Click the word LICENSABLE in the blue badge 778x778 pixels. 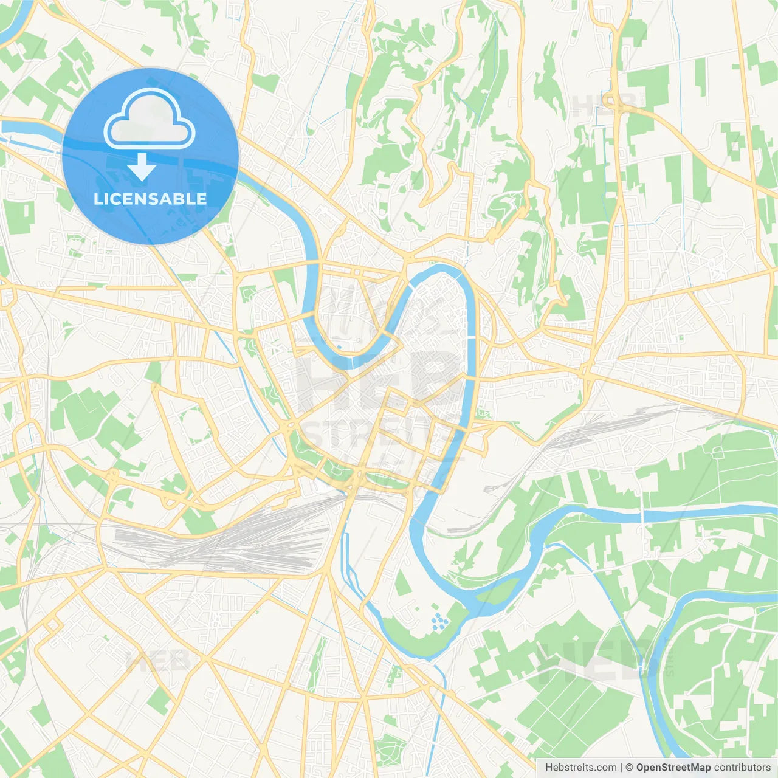click(150, 199)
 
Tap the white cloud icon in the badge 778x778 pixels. click(150, 119)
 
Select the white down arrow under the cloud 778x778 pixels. click(142, 167)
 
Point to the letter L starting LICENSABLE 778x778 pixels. click(98, 199)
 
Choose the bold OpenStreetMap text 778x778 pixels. click(673, 768)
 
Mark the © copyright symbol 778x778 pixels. click(629, 768)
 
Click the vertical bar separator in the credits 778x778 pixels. click(621, 768)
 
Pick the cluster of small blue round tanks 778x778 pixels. click(439, 621)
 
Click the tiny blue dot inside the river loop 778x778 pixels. click(339, 347)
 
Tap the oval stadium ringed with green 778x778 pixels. click(193, 424)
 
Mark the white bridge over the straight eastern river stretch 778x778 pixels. click(642, 516)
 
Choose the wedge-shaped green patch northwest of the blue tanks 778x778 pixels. click(402, 583)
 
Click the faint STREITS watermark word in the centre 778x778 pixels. click(377, 433)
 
